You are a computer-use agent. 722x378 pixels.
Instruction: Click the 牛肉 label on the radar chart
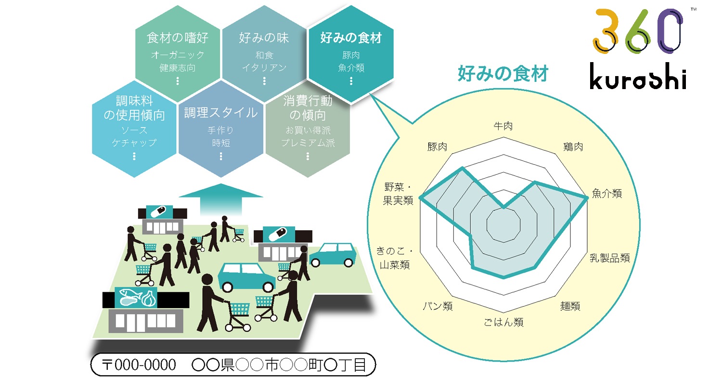click(503, 126)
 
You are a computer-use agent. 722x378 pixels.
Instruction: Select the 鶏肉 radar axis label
click(573, 146)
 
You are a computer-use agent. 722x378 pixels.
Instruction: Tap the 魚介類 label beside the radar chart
click(606, 194)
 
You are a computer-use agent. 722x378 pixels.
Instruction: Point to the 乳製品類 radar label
click(610, 258)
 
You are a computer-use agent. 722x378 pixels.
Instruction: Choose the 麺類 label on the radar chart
click(570, 306)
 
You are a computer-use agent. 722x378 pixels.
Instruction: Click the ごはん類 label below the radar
click(503, 322)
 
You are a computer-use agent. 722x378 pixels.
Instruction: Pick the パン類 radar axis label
click(438, 306)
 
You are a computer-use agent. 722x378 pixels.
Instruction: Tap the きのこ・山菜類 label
click(395, 258)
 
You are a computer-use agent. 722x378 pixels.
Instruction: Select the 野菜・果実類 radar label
click(398, 194)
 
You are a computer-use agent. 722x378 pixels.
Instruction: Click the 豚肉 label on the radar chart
click(437, 146)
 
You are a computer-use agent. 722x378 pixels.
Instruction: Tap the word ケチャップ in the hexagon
click(134, 143)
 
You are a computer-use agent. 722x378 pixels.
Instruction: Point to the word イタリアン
click(264, 68)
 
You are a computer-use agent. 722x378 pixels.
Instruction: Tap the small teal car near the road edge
click(335, 254)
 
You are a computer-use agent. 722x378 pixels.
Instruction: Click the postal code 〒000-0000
click(139, 365)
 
